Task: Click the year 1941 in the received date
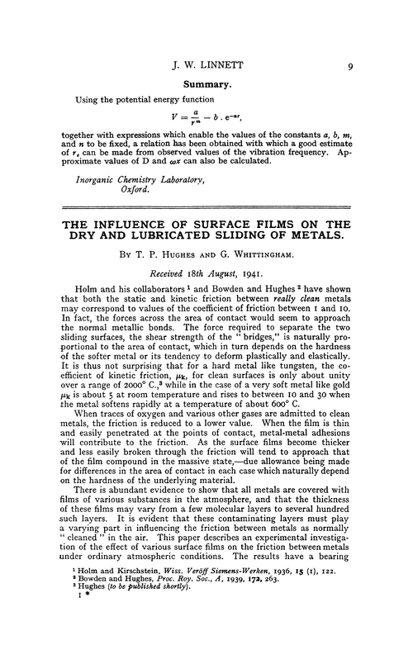(256, 282)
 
